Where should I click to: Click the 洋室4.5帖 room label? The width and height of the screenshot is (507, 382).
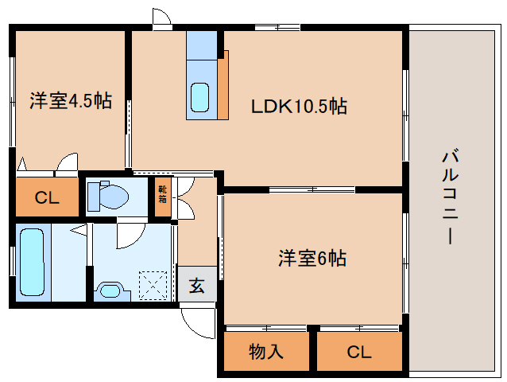tap(71, 101)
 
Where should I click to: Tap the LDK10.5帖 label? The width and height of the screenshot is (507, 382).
tap(299, 106)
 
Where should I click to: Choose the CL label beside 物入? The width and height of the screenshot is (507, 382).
tap(359, 351)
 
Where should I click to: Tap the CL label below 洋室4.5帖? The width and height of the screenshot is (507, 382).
tap(47, 198)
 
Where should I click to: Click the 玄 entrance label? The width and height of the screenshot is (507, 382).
tap(197, 284)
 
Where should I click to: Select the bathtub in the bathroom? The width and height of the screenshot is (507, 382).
tap(33, 263)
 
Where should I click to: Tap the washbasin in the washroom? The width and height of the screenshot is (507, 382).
tap(109, 290)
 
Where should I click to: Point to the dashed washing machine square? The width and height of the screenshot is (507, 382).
tap(154, 284)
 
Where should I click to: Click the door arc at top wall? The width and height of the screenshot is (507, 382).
tap(161, 18)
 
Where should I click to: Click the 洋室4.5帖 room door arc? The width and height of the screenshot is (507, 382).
tap(68, 162)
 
